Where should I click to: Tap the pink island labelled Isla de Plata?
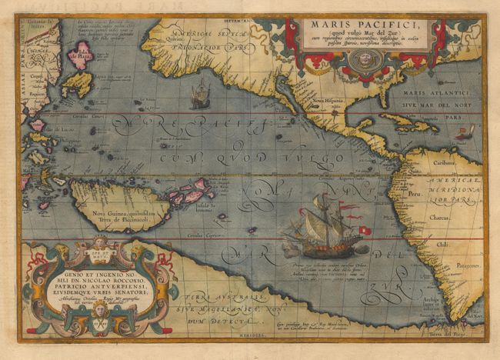79,55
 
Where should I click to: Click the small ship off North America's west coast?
199,95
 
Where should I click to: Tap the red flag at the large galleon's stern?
365,230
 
